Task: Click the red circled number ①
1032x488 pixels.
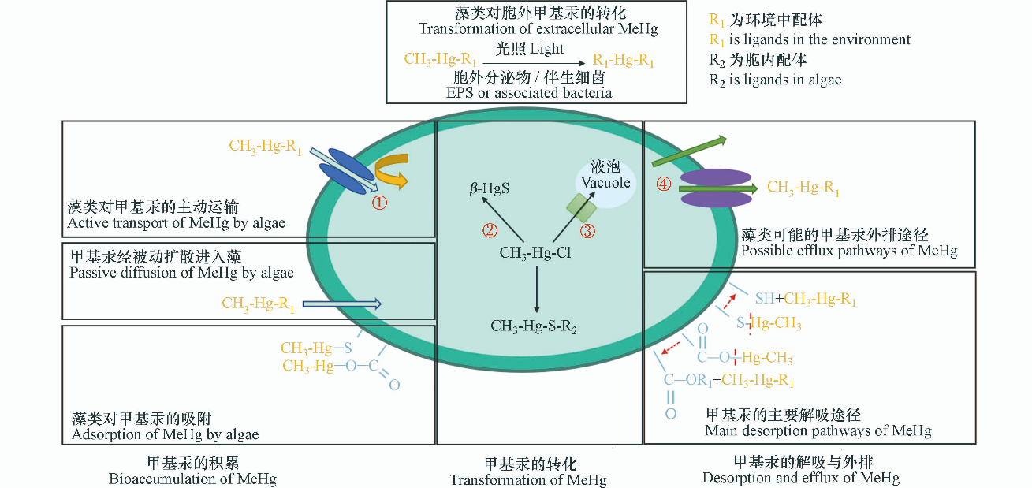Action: coord(380,203)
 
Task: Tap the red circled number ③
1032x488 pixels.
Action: coord(587,231)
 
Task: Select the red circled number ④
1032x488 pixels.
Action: coord(664,184)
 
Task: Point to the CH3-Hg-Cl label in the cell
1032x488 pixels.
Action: coord(535,254)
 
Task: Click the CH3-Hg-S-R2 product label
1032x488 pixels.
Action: coord(534,326)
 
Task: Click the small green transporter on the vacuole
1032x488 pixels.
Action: coord(584,207)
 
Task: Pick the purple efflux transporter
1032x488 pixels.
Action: coord(717,188)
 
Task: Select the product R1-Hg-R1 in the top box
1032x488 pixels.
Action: coord(622,61)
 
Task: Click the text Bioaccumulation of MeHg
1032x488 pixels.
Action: coord(192,478)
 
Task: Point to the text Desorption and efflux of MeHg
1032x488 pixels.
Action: coord(800,477)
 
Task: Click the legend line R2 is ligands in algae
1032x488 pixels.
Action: coord(773,80)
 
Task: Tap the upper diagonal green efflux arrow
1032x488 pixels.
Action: coord(688,151)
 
